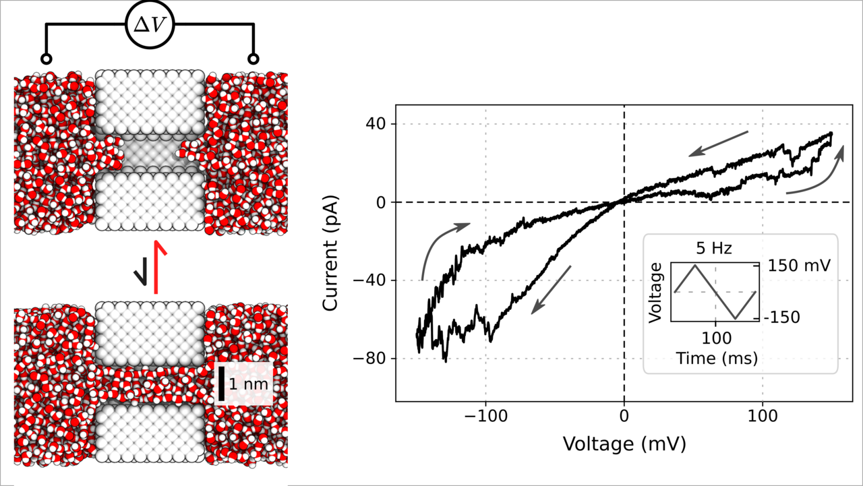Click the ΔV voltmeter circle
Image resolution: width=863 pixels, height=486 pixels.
pyautogui.click(x=150, y=26)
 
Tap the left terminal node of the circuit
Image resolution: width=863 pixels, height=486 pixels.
pyautogui.click(x=46, y=58)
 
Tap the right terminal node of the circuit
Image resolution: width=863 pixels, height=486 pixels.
pyautogui.click(x=254, y=58)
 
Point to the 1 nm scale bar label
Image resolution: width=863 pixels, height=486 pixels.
pyautogui.click(x=249, y=384)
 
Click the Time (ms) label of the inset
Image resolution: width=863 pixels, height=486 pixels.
pyautogui.click(x=715, y=357)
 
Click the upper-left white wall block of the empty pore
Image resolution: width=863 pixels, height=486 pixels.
pyautogui.click(x=150, y=101)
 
